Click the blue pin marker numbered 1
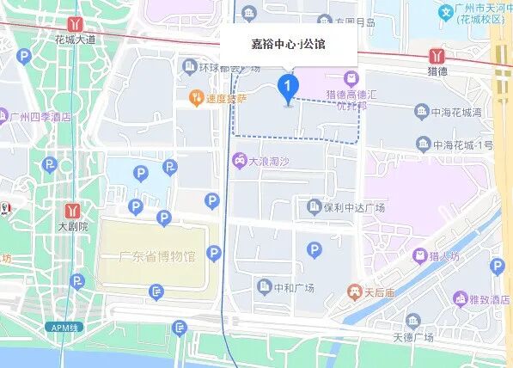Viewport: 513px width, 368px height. pyautogui.click(x=288, y=88)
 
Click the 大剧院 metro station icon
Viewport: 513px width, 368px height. pyautogui.click(x=73, y=211)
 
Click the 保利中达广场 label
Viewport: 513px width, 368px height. pyautogui.click(x=354, y=208)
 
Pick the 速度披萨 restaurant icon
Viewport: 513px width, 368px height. pyautogui.click(x=197, y=99)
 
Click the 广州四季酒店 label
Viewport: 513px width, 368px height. pyautogui.click(x=40, y=117)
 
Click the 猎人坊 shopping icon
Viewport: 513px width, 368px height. pyautogui.click(x=419, y=255)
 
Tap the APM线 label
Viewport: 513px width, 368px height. pyautogui.click(x=63, y=328)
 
